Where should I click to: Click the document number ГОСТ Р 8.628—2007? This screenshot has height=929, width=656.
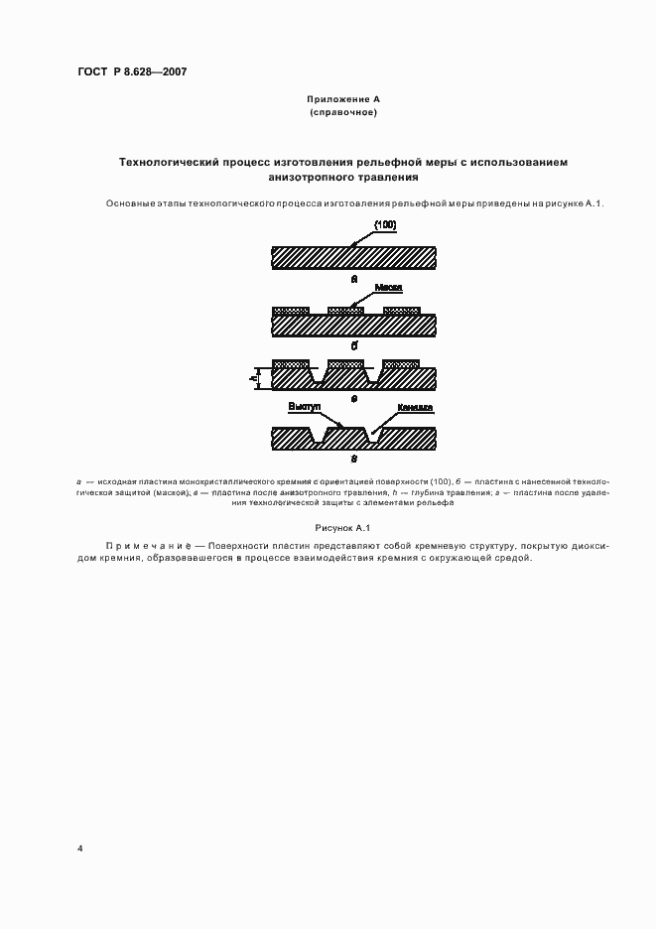click(x=132, y=72)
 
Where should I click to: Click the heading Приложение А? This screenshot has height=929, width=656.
click(x=342, y=100)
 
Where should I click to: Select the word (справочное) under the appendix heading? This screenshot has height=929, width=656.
click(x=342, y=113)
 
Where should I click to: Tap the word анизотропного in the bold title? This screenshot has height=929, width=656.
click(x=307, y=178)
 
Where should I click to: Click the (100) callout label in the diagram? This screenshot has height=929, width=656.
click(x=384, y=225)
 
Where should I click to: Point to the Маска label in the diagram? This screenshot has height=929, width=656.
click(x=388, y=289)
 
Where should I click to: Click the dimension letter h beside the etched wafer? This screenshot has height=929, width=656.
click(x=254, y=378)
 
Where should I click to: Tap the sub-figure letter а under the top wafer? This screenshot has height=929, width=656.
click(x=353, y=280)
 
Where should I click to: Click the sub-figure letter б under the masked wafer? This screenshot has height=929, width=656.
click(x=353, y=344)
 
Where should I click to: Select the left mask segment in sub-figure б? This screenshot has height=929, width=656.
click(x=292, y=311)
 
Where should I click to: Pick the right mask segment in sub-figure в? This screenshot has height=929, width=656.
click(x=407, y=363)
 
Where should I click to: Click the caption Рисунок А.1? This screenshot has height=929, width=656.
click(x=342, y=529)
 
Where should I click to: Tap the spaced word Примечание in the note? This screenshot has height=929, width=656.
click(x=148, y=546)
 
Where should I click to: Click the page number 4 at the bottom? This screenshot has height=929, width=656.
click(x=79, y=849)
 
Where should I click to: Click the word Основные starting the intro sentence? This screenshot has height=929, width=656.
click(x=130, y=203)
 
